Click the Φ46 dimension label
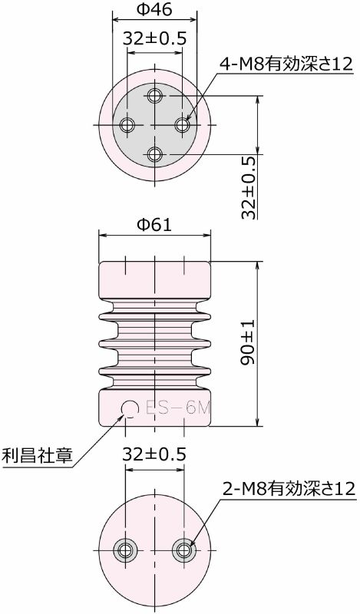tap(155, 10)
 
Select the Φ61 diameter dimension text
tap(154, 224)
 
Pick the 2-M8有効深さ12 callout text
tap(289, 488)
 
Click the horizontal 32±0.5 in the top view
tap(155, 38)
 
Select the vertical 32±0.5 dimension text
tap(247, 188)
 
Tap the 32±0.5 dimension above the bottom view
tap(154, 454)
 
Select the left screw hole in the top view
tap(126, 124)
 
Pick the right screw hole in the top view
tap(183, 124)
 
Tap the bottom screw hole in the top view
tap(155, 153)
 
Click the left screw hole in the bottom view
tap(125, 550)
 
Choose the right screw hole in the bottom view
tap(183, 550)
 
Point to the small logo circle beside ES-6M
tap(127, 408)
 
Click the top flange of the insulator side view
tap(155, 280)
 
